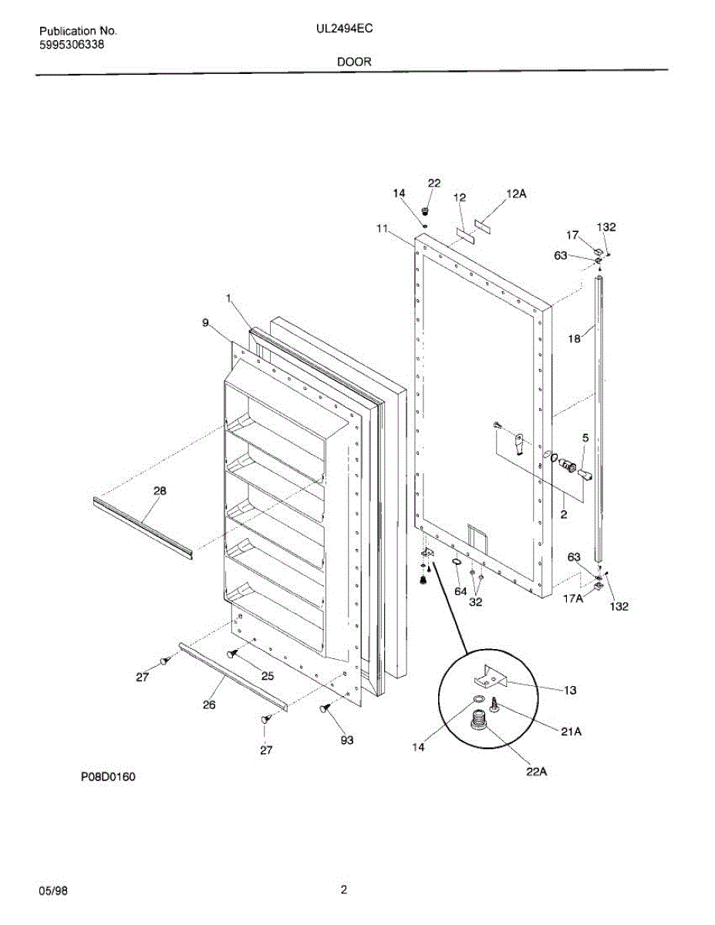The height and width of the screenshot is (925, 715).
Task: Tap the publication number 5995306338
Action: point(72,45)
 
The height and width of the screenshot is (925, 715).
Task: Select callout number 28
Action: point(160,490)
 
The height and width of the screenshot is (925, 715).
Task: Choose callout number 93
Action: point(347,741)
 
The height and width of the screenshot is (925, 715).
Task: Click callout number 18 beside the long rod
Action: point(575,337)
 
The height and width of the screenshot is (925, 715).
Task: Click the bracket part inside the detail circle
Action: point(488,679)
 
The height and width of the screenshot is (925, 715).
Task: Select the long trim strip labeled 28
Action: point(143,526)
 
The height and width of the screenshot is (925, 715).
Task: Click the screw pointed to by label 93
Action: point(325,708)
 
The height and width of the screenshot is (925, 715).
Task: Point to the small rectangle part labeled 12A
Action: point(483,224)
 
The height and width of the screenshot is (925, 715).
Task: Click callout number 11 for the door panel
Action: point(382,228)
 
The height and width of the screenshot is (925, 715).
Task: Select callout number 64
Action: point(460,591)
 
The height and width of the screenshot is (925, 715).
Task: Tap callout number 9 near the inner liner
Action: point(205,324)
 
